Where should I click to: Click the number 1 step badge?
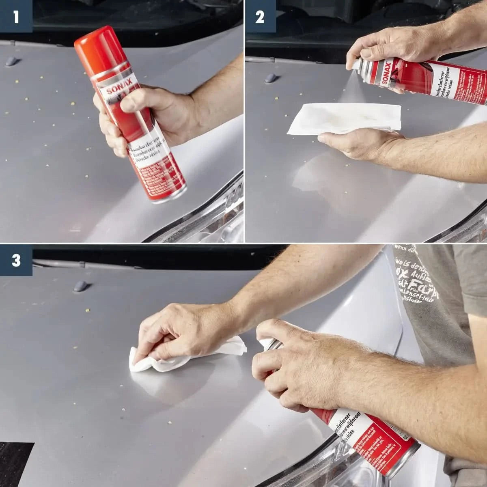tap(16, 17)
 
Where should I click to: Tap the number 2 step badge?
tap(260, 17)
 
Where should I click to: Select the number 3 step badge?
tap(16, 260)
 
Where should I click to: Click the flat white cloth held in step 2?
tap(345, 118)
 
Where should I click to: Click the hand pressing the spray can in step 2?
tap(390, 45)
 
